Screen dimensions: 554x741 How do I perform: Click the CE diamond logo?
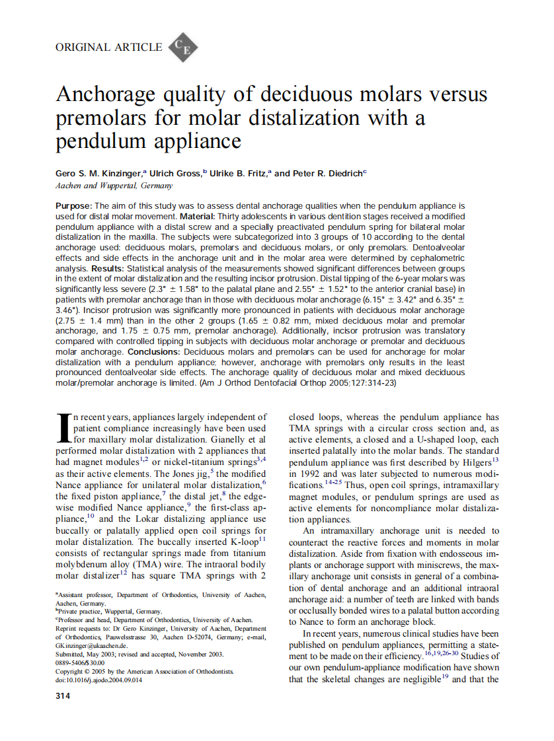tap(183, 48)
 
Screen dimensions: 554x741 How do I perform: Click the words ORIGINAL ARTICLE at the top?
tap(108, 47)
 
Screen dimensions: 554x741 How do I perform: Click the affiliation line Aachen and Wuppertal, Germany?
tap(114, 186)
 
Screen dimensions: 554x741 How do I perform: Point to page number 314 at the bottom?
tap(63, 695)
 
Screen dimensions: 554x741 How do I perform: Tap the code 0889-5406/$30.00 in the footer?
tap(80, 662)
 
